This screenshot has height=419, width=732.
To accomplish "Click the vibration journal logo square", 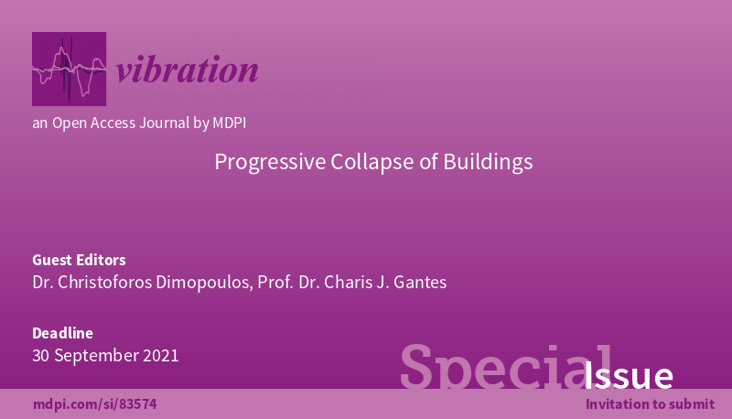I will click(69, 69).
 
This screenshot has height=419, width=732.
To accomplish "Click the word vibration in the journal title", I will click(188, 70).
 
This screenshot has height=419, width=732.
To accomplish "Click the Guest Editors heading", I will click(79, 260).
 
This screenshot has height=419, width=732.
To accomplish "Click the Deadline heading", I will click(62, 333).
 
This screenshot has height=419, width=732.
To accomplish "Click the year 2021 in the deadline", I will click(160, 356).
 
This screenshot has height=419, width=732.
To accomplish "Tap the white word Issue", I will click(629, 376).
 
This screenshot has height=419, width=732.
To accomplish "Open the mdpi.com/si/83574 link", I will click(88, 404).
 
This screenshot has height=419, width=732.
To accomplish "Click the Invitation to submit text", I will click(650, 404).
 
